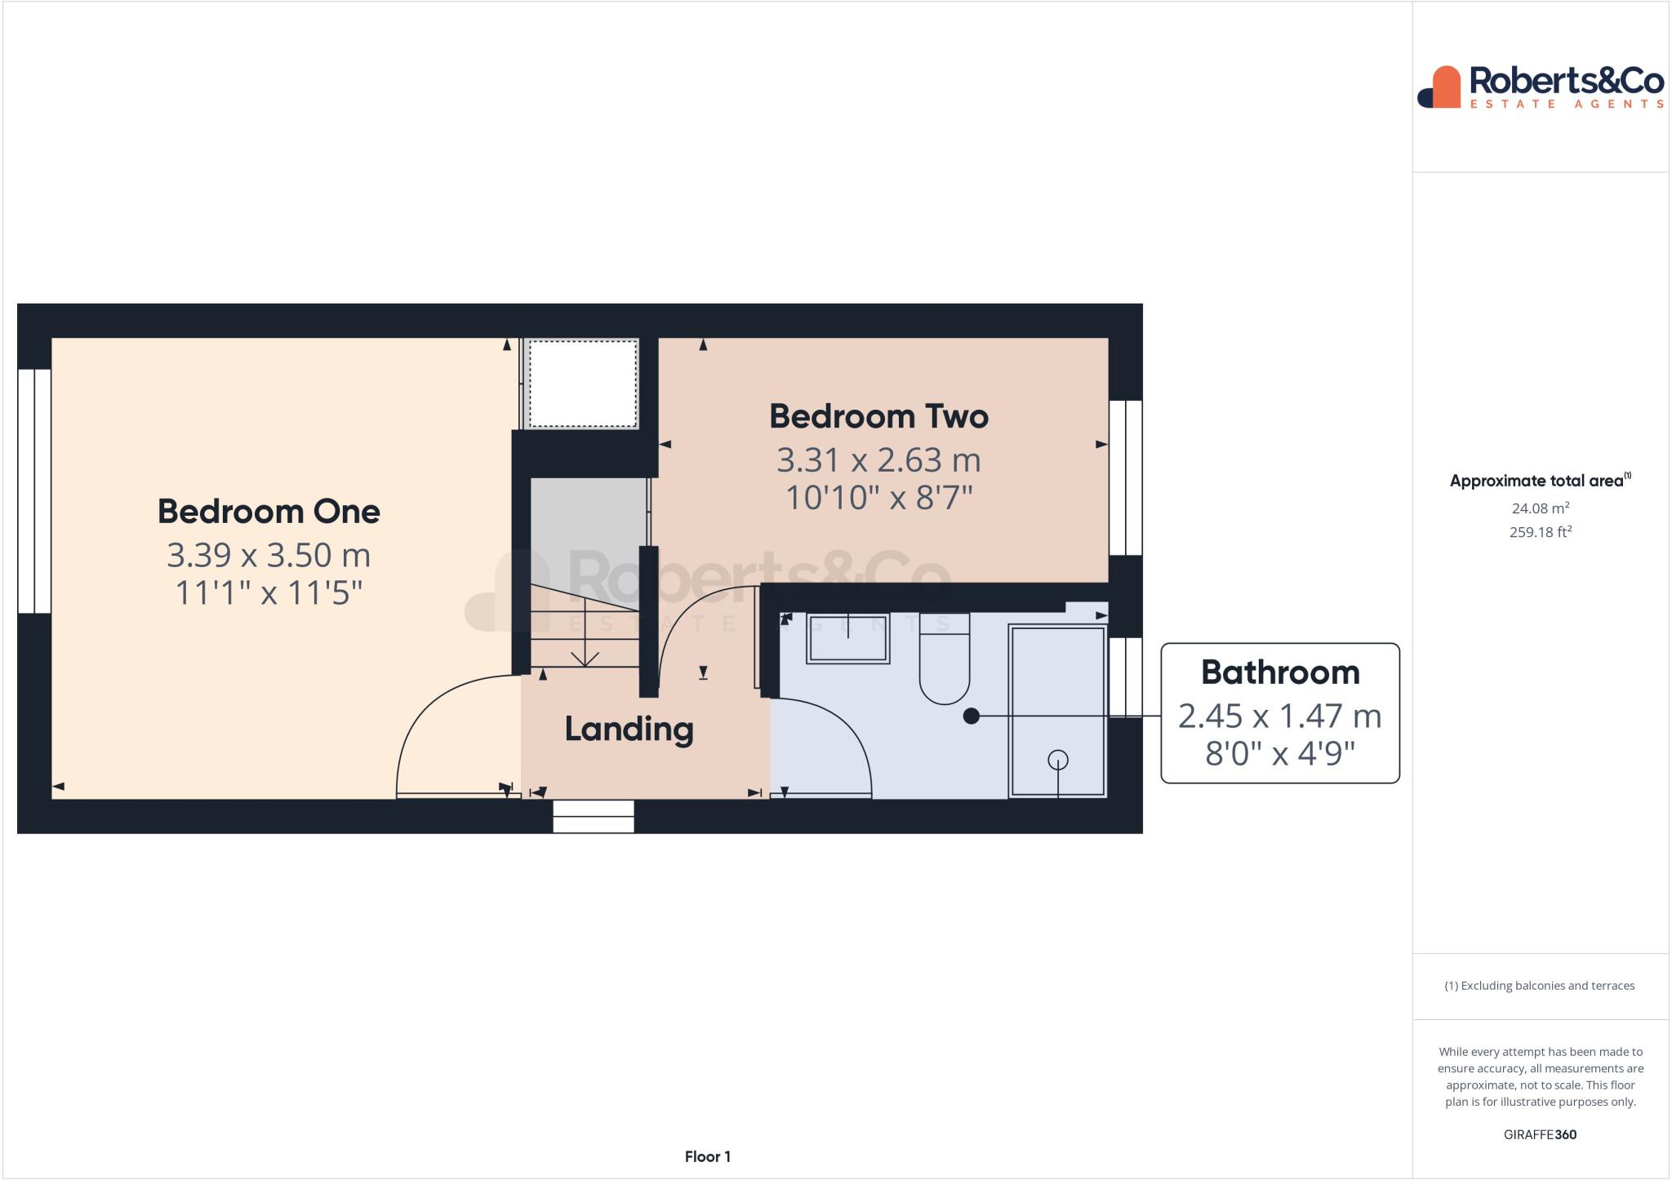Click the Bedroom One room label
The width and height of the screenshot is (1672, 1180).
269,512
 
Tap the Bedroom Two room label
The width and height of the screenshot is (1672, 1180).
878,416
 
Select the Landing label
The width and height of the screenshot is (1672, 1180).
629,729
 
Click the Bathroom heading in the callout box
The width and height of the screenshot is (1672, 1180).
1279,672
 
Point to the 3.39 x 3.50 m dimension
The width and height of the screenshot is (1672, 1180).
269,555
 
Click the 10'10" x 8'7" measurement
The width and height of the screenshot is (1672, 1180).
878,497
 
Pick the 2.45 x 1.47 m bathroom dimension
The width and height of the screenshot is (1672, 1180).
1279,716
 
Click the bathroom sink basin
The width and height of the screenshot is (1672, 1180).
847,639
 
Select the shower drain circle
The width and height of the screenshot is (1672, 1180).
1058,760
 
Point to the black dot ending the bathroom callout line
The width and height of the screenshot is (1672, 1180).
971,716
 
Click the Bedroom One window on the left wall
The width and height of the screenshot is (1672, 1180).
34,490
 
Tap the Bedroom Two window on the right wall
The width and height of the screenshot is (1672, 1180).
1125,477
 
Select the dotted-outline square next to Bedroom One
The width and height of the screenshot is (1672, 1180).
583,384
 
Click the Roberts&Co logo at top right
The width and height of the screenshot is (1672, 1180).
1540,87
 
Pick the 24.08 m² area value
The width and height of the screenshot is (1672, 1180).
1540,508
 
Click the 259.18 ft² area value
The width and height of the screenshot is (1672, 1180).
1540,532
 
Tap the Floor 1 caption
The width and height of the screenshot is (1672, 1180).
707,1156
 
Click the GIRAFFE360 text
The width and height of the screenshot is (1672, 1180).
1540,1134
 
